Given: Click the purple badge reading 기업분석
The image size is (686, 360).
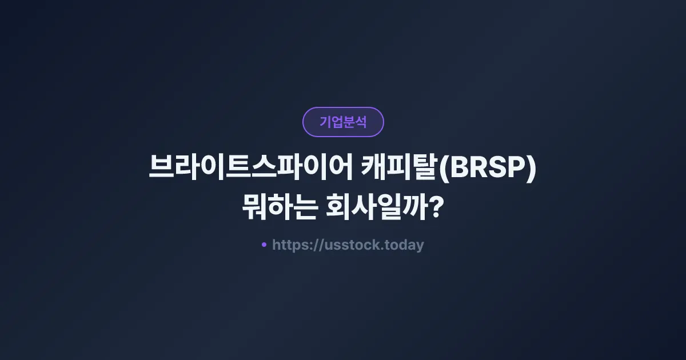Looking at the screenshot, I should coord(343,122).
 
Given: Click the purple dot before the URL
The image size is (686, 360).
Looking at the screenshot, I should coord(264,245).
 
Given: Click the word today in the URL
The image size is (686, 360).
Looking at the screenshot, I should coord(405,245).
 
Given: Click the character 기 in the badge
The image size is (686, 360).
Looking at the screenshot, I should coord(325,122).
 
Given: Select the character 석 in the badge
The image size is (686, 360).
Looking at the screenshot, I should coord(361,122).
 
